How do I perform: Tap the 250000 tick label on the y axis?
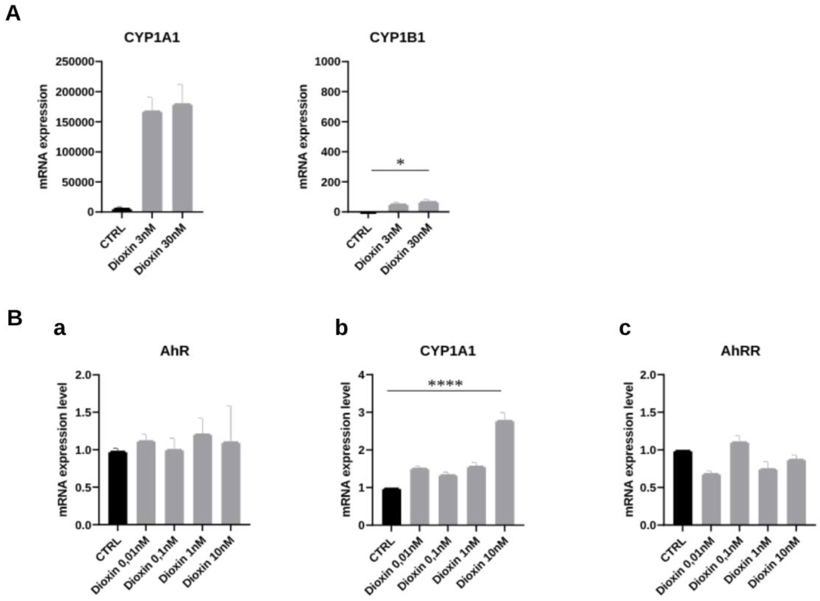tap(75, 62)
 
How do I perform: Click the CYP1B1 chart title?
tap(397, 38)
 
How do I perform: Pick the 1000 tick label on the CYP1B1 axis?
tap(327, 62)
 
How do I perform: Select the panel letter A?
tap(13, 14)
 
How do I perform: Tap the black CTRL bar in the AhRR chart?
tap(683, 488)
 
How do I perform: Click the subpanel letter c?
tap(625, 329)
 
